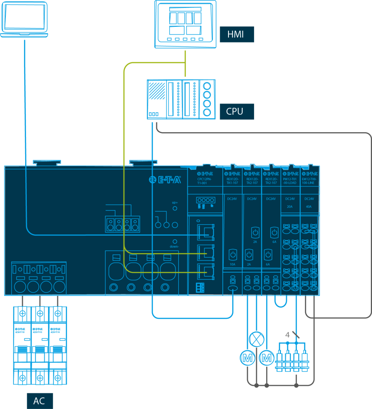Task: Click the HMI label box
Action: [x=237, y=34]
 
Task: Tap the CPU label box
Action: [x=237, y=111]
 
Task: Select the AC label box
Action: [x=40, y=401]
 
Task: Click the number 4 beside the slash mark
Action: [x=287, y=335]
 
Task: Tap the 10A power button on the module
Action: [x=233, y=254]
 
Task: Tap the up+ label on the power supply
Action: [x=175, y=203]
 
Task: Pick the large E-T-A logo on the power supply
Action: [x=165, y=179]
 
